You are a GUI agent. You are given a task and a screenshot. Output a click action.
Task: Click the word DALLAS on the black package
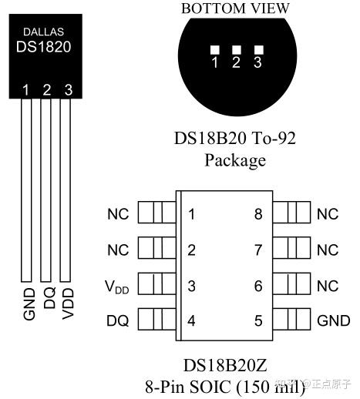[x=44, y=32]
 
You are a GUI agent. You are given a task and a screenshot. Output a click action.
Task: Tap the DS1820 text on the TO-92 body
[x=44, y=46]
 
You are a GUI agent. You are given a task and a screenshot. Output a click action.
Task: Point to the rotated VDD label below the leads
[x=68, y=303]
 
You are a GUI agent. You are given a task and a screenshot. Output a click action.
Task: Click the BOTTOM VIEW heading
[x=235, y=8]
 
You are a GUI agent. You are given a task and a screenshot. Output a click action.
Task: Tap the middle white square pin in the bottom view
[x=237, y=49]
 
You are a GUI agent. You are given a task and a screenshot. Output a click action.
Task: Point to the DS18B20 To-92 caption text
[x=234, y=139]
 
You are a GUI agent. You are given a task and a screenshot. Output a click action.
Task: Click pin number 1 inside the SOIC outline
[x=191, y=214]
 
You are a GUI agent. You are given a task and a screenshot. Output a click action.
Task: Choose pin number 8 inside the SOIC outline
[x=258, y=214]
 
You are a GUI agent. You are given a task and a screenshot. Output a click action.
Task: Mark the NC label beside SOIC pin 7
[x=328, y=250]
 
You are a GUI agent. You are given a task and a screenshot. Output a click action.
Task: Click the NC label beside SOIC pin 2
[x=118, y=250]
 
